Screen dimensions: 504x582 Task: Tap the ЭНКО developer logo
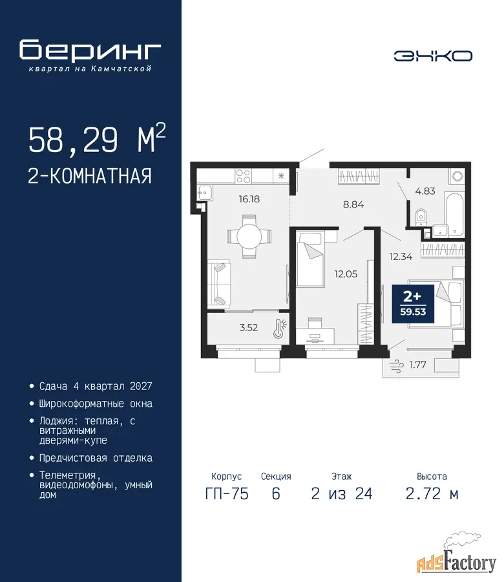tap(433, 56)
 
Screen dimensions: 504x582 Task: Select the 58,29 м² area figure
tap(97, 139)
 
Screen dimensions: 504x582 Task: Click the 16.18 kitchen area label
tap(249, 199)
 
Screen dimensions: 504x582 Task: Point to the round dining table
tap(249, 236)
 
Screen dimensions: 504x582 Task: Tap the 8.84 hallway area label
tap(353, 204)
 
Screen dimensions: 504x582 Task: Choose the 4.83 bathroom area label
tap(425, 191)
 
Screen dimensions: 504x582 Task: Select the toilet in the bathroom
tap(421, 217)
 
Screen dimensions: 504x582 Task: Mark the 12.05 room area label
tap(346, 274)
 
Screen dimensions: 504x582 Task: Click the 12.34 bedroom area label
tap(401, 257)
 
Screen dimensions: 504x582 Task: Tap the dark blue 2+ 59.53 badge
tap(413, 304)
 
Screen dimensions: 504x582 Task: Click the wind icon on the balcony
tap(397, 365)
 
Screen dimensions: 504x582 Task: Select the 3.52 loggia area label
tap(249, 327)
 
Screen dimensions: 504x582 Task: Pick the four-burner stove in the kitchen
tap(244, 177)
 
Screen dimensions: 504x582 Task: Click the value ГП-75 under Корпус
tap(227, 493)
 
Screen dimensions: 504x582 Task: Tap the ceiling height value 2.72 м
tap(432, 493)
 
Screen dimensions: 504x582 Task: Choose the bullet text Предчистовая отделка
tap(96, 458)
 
